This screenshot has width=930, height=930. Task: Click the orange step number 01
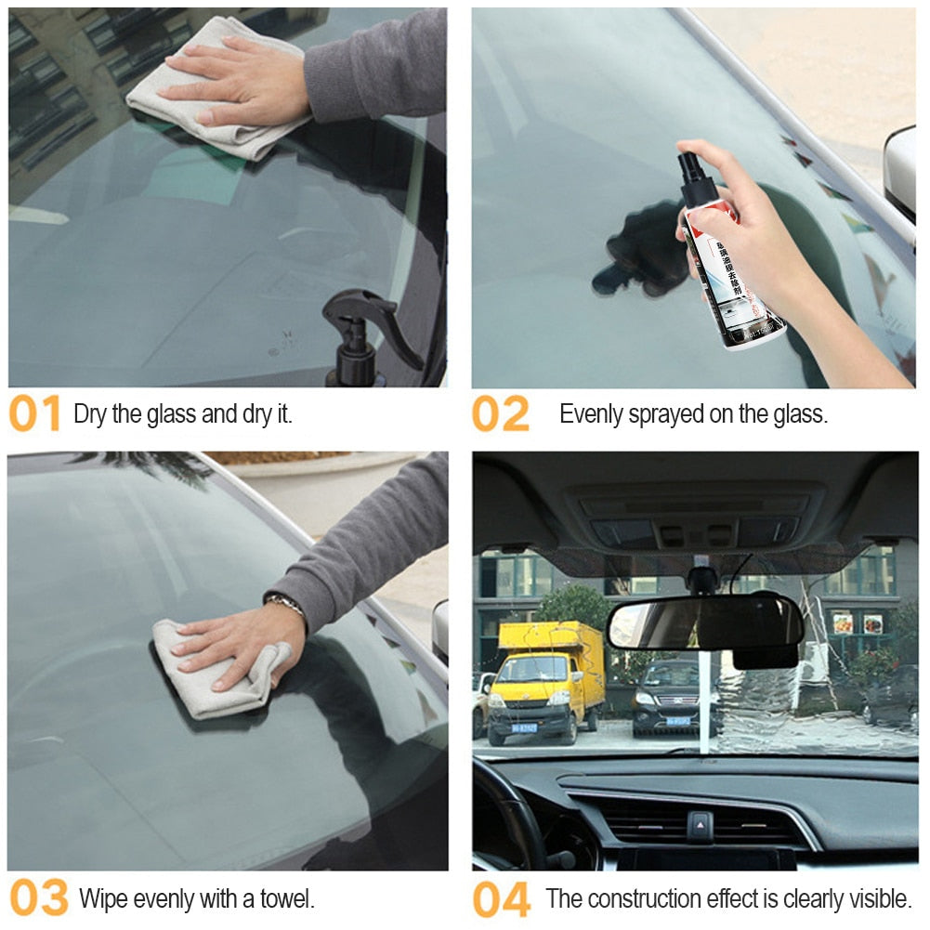pyautogui.click(x=35, y=414)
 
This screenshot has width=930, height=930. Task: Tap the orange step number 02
pyautogui.click(x=500, y=414)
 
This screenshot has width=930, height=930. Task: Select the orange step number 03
pyautogui.click(x=38, y=898)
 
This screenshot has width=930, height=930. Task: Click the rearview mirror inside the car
pyautogui.click(x=704, y=623)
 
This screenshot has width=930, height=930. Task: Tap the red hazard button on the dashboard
pyautogui.click(x=700, y=824)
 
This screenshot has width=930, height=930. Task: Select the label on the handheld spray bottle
pyautogui.click(x=737, y=283)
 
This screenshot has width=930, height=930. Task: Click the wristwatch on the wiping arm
pyautogui.click(x=286, y=605)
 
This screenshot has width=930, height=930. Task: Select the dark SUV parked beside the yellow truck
pyautogui.click(x=666, y=699)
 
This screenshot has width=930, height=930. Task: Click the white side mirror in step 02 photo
pyautogui.click(x=900, y=172)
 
